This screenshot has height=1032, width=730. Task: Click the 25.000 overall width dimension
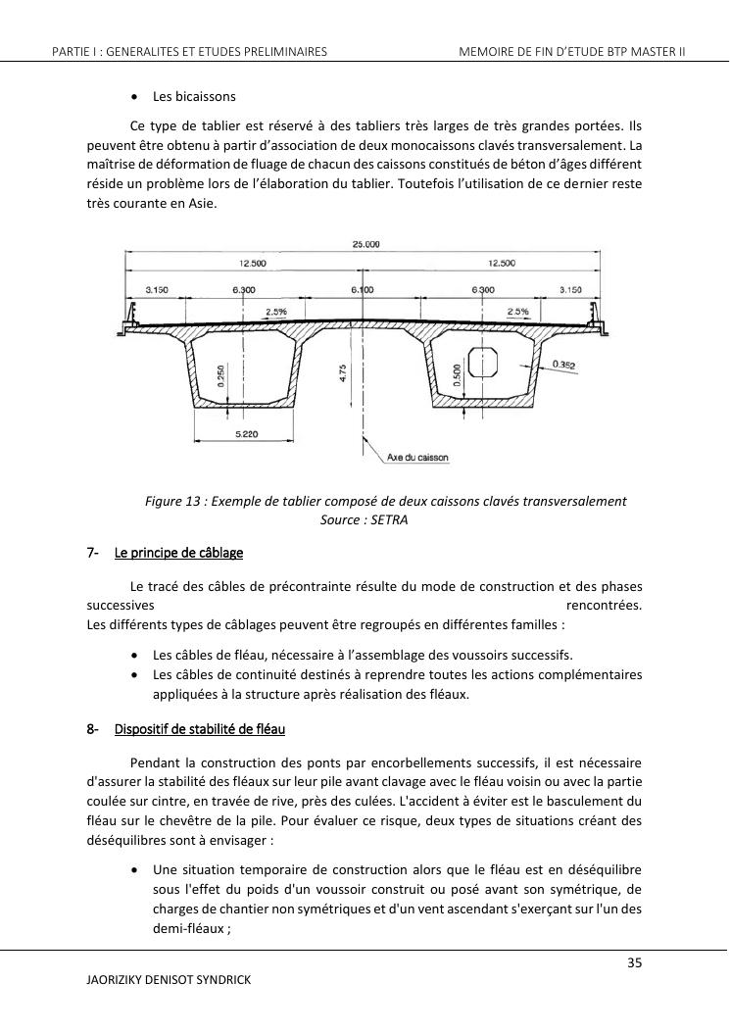click(x=365, y=245)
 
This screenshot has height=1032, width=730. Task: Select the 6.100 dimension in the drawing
click(x=362, y=290)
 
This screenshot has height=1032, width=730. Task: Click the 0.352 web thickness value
click(x=562, y=367)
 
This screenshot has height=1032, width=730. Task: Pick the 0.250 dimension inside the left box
click(x=223, y=375)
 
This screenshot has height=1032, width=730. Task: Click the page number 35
click(x=634, y=963)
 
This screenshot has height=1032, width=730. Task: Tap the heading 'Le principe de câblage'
click(x=178, y=553)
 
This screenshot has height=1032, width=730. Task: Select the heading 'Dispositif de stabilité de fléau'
click(x=199, y=729)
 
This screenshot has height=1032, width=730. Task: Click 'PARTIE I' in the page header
click(x=74, y=51)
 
